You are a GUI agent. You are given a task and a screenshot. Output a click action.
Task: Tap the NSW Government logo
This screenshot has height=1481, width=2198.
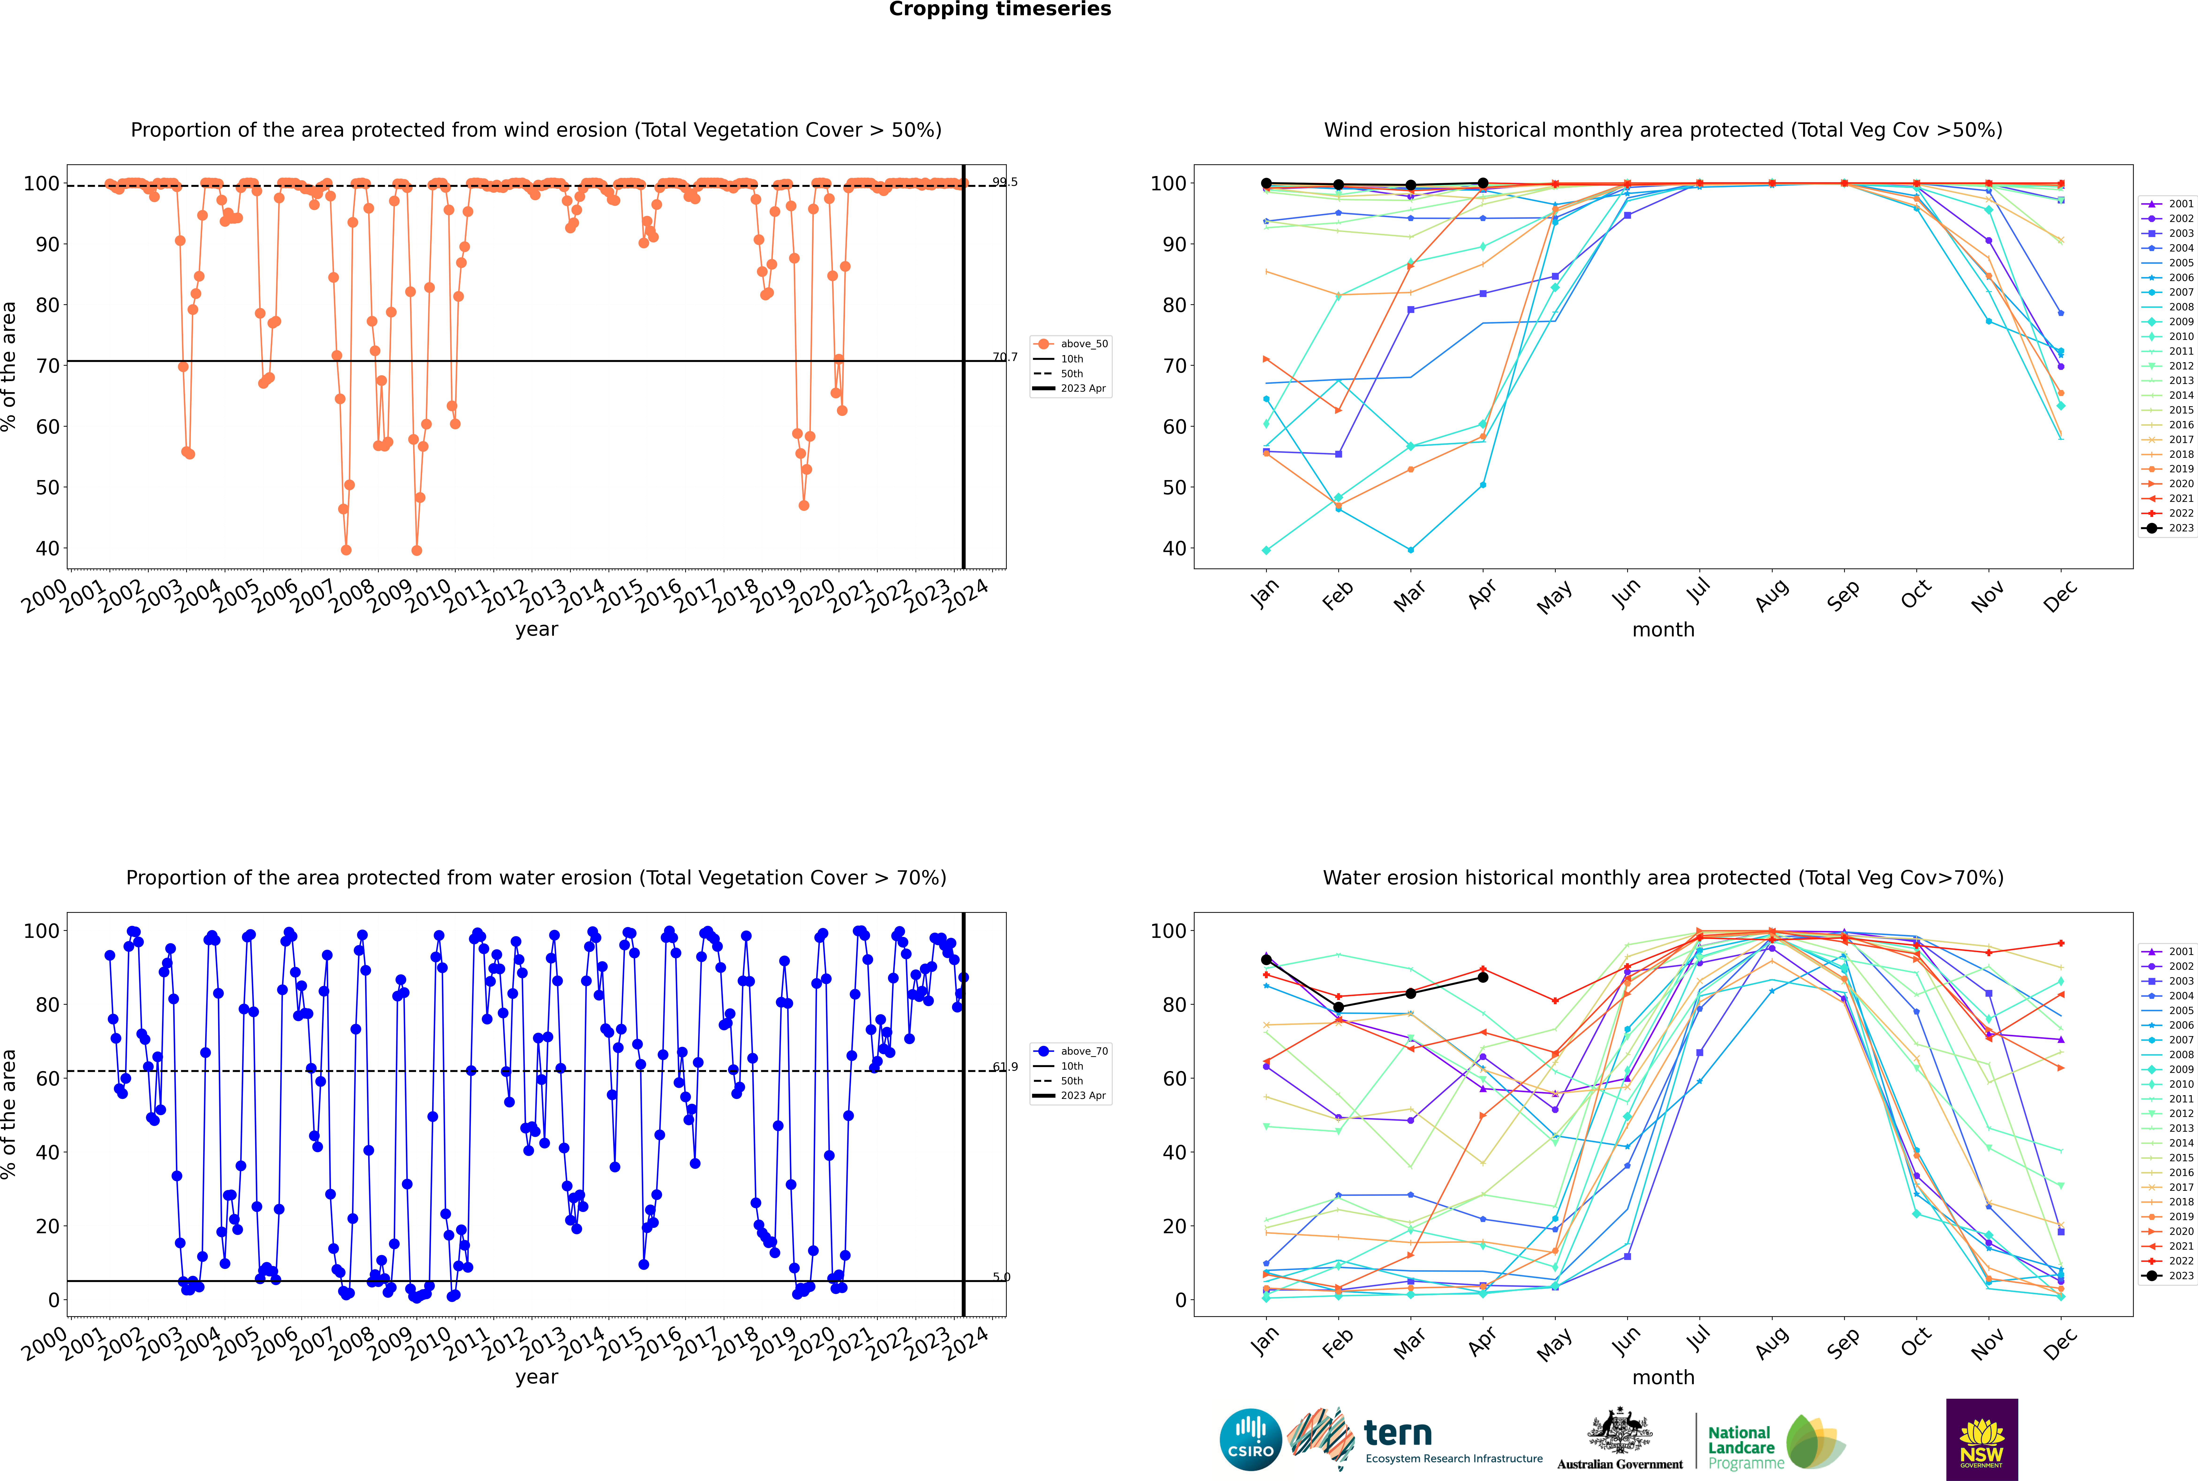tap(1982, 1439)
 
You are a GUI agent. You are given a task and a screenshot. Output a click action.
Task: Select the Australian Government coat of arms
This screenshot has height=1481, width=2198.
tap(1620, 1431)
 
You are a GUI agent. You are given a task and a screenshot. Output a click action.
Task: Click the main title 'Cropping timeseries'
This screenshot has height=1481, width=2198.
tap(1000, 9)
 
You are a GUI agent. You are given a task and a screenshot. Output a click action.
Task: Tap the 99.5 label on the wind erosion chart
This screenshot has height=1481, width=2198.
tap(1005, 182)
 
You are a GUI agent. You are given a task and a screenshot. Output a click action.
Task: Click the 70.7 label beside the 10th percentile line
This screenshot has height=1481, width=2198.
tap(1005, 357)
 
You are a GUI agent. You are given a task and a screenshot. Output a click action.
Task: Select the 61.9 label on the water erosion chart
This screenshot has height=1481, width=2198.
tap(1005, 1067)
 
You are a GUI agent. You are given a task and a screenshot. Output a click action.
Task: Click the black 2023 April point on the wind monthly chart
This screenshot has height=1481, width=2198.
tap(1483, 183)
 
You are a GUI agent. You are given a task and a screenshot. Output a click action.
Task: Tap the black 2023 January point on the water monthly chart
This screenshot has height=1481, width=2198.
tap(1266, 960)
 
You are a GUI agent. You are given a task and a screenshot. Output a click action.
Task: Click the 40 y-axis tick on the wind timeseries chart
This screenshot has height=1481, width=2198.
tap(47, 549)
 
